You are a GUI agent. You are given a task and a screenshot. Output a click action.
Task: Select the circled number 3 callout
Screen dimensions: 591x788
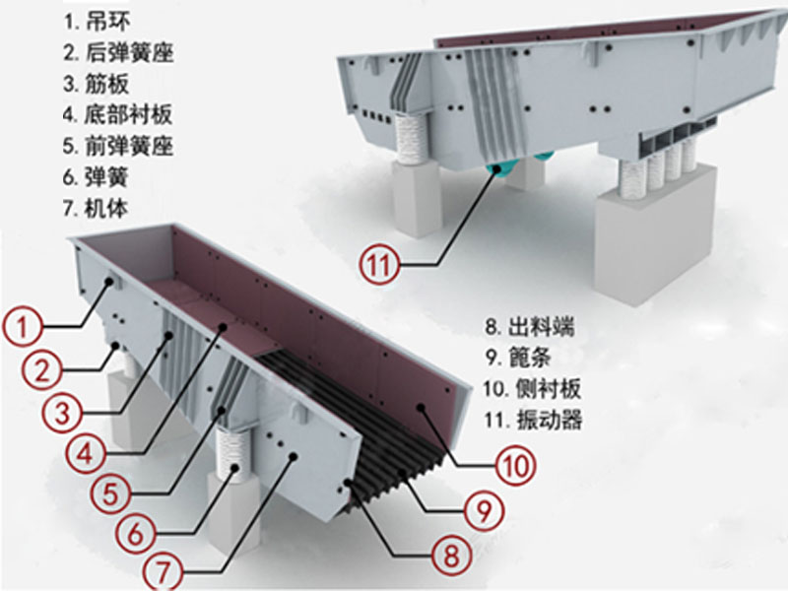(62, 411)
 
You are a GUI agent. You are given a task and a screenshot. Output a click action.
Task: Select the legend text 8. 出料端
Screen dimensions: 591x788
(528, 326)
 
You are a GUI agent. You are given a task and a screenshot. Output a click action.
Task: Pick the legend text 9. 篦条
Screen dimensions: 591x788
(519, 358)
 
